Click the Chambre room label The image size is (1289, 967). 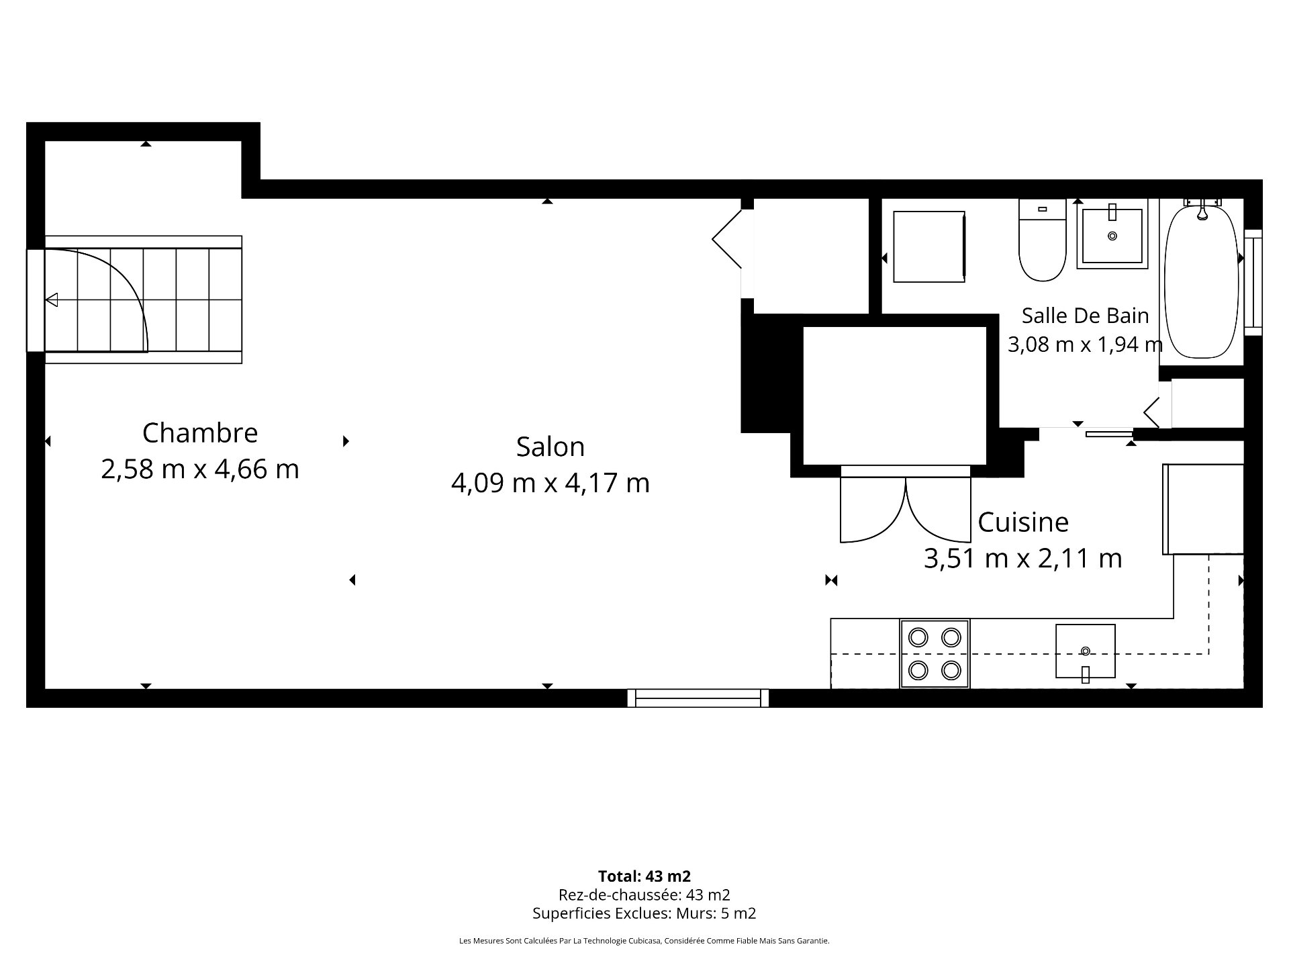click(200, 433)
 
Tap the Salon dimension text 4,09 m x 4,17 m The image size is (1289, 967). click(551, 483)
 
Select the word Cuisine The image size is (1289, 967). click(1023, 522)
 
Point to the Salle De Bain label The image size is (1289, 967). click(1086, 315)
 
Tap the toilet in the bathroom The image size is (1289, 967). click(1042, 240)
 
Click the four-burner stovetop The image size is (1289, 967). click(935, 653)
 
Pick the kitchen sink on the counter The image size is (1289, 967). click(1086, 651)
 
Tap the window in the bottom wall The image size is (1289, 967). click(698, 698)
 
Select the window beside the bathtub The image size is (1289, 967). click(1253, 283)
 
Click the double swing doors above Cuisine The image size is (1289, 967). click(906, 505)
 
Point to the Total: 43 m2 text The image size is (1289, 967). click(644, 876)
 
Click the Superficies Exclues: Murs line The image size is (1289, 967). click(644, 913)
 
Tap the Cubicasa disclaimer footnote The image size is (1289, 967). click(644, 941)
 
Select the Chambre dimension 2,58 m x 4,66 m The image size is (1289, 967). click(200, 469)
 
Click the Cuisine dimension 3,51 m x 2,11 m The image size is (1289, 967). click(1023, 558)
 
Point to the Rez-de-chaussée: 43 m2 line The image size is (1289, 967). click(644, 894)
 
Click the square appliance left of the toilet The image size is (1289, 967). click(930, 246)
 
